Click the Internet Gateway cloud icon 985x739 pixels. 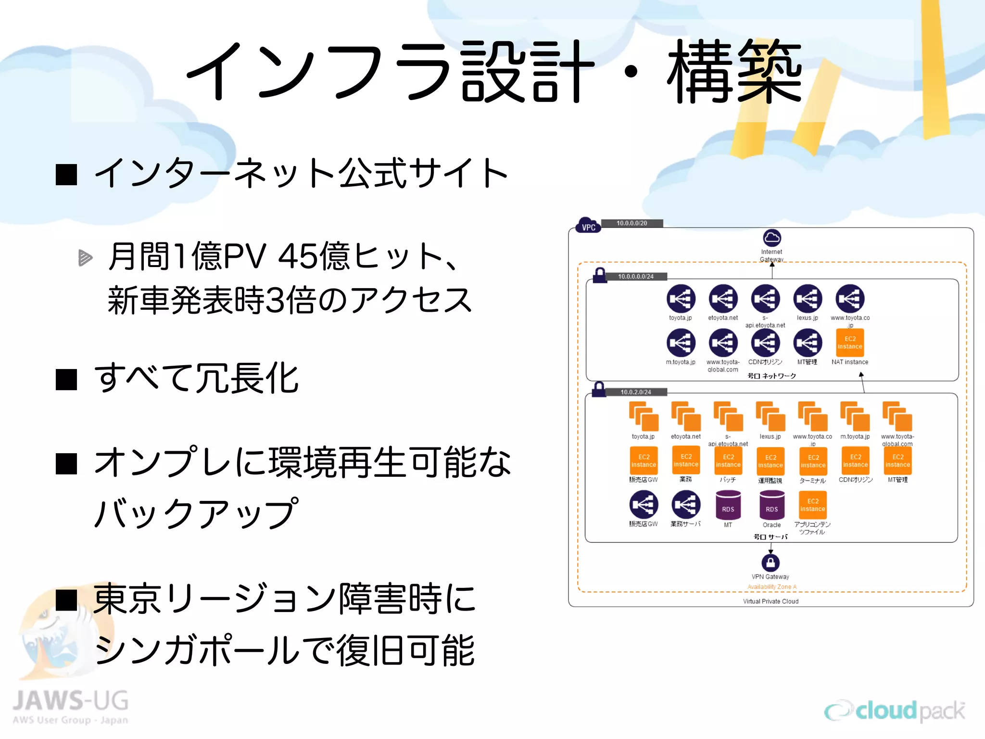click(771, 238)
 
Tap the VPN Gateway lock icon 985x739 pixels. click(770, 562)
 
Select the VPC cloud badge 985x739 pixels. click(588, 226)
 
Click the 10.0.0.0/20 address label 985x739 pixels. click(631, 223)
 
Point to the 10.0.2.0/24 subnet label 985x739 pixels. click(635, 392)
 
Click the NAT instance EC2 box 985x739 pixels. click(850, 343)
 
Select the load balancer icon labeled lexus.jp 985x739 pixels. click(808, 299)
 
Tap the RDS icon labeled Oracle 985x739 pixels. click(771, 506)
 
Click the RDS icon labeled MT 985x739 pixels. click(728, 506)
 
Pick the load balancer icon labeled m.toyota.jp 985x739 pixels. click(681, 343)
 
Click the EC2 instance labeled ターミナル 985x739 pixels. click(813, 461)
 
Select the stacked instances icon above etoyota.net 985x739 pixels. click(686, 417)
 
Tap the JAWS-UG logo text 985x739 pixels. click(71, 701)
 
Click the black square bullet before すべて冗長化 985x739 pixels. click(66, 380)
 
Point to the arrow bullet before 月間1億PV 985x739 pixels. click(85, 257)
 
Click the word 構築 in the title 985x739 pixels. click(734, 72)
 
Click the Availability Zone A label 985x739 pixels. click(771, 587)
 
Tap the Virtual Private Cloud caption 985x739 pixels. click(770, 601)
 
